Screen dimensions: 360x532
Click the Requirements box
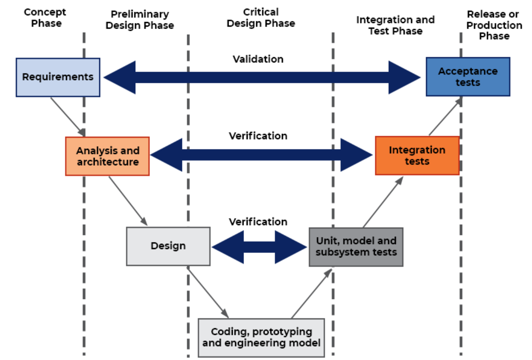pyautogui.click(x=58, y=77)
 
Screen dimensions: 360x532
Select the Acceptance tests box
pyautogui.click(x=467, y=77)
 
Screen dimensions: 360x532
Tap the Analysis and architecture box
pyautogui.click(x=107, y=156)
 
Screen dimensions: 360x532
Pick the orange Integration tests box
pyautogui.click(x=417, y=155)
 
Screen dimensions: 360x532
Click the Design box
pyautogui.click(x=168, y=246)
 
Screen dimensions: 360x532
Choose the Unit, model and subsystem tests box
pyautogui.click(x=356, y=247)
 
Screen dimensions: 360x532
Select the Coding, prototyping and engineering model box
pyautogui.click(x=261, y=338)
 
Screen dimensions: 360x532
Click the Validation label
pyautogui.click(x=258, y=59)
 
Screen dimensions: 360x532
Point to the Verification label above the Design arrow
pyautogui.click(x=258, y=221)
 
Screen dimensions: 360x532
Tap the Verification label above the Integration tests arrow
pyautogui.click(x=258, y=136)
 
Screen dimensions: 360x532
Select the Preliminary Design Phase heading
pyautogui.click(x=140, y=20)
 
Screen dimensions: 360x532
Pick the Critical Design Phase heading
pyautogui.click(x=261, y=17)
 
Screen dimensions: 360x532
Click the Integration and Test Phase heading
pyautogui.click(x=395, y=25)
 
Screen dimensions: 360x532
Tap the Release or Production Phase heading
pyautogui.click(x=494, y=25)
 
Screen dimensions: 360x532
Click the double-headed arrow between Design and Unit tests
pyautogui.click(x=259, y=246)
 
